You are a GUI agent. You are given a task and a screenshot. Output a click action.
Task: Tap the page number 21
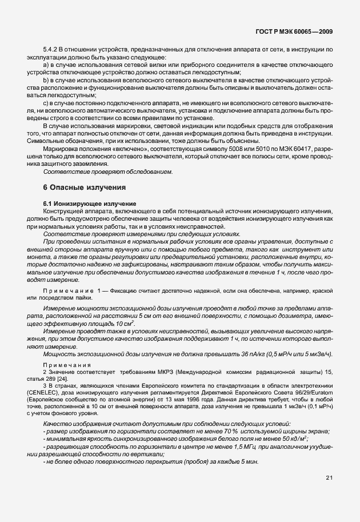tap(329, 476)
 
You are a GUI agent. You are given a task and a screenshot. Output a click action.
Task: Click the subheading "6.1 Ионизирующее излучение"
tap(90, 204)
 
